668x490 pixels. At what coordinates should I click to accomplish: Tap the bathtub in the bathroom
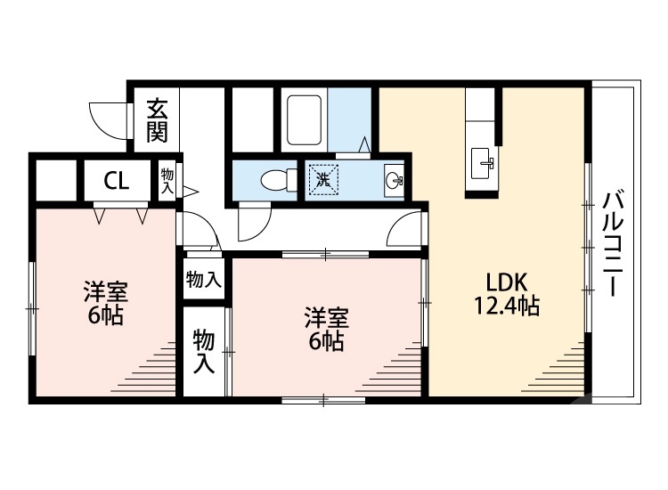point(305,122)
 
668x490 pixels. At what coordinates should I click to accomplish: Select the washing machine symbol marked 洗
point(323,180)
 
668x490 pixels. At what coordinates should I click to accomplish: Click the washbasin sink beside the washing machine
point(393,180)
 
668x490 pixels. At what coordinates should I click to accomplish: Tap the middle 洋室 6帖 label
point(326,329)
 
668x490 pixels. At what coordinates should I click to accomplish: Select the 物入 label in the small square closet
point(203,280)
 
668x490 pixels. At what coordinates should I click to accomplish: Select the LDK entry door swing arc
point(405,230)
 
